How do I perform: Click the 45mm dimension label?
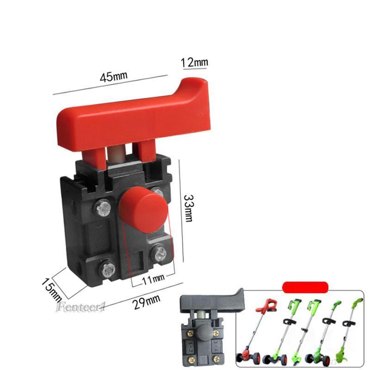click(113, 76)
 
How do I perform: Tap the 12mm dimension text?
click(194, 62)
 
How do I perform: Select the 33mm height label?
click(189, 208)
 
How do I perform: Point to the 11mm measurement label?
click(153, 279)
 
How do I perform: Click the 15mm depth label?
click(51, 290)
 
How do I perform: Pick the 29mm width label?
click(147, 302)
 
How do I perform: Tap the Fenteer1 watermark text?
click(80, 307)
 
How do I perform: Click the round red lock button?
click(144, 210)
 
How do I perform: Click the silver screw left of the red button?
click(103, 208)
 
